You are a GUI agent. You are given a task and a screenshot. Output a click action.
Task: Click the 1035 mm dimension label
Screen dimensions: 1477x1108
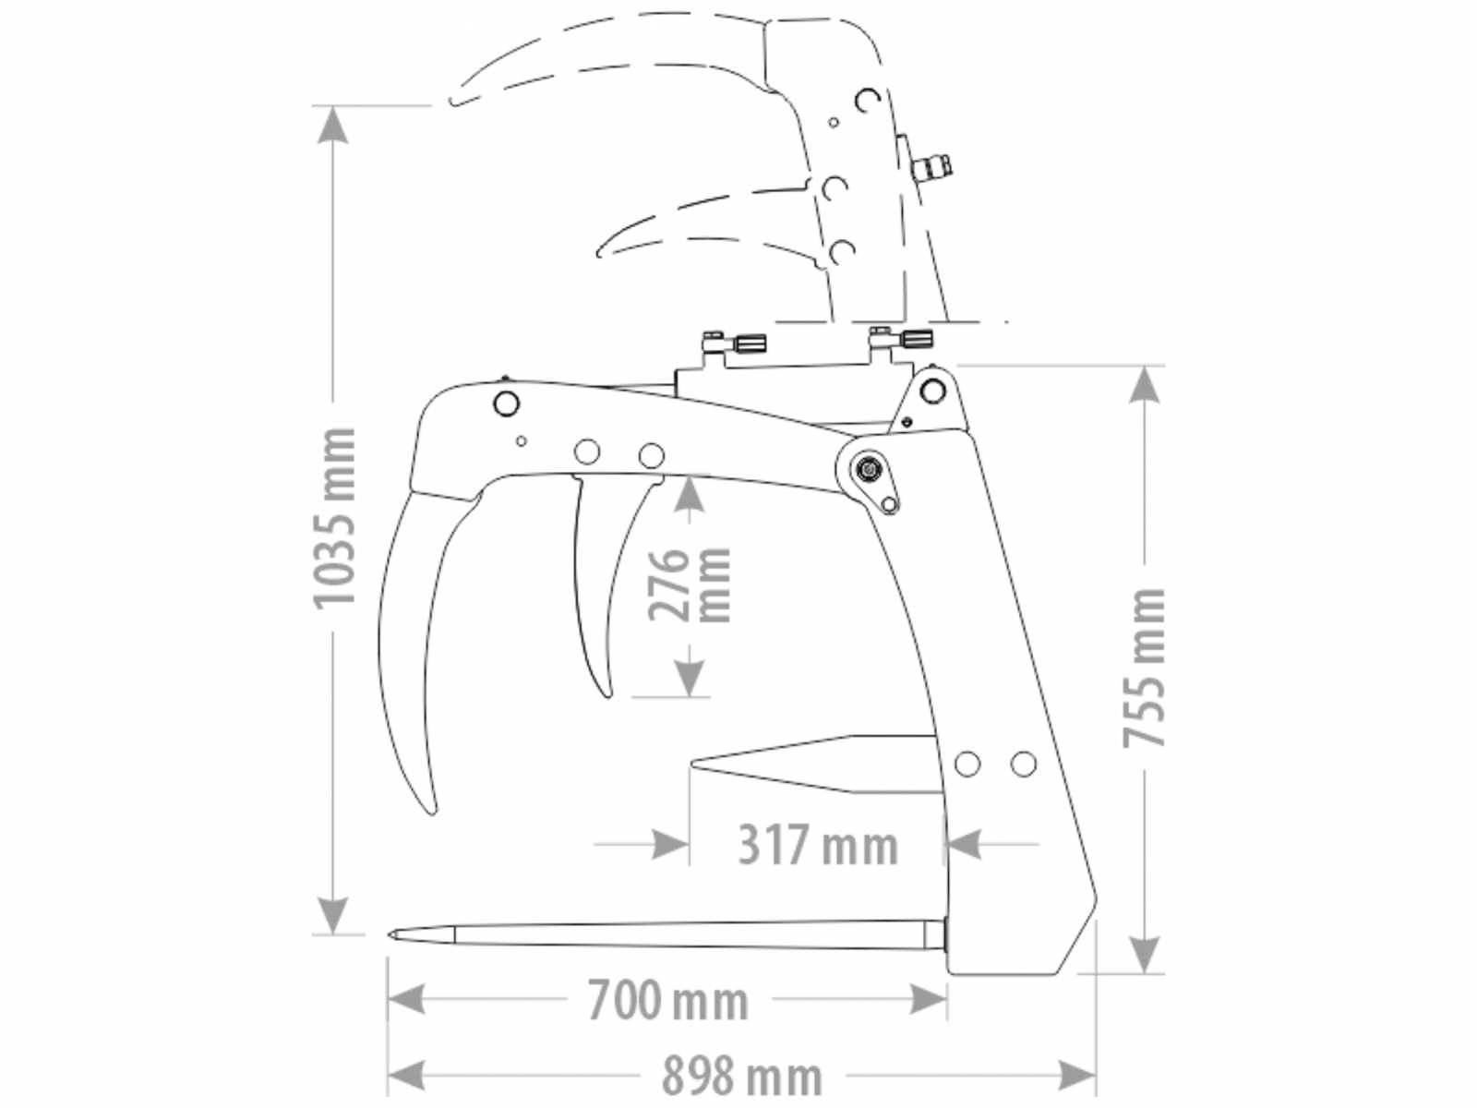[334, 518]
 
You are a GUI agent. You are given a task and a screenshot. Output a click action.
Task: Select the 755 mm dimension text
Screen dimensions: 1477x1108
[1144, 668]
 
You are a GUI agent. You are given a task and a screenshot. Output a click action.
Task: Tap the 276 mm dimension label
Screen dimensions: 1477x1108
[688, 584]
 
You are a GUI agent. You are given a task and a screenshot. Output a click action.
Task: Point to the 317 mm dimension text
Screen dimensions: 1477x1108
[818, 846]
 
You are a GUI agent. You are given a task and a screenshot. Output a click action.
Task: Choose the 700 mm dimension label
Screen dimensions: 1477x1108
[668, 1000]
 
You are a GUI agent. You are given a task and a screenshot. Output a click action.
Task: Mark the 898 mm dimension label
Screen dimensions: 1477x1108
[742, 1077]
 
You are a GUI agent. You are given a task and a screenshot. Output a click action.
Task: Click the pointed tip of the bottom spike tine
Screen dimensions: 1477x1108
[390, 934]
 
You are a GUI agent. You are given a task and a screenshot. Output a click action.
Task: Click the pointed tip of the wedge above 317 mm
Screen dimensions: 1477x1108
[693, 763]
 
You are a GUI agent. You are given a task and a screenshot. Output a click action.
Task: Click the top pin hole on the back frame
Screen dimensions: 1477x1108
[932, 391]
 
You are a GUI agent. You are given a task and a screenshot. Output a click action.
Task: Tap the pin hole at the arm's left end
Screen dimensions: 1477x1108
[506, 404]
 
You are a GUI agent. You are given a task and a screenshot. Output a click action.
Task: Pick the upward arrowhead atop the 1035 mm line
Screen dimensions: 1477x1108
[332, 126]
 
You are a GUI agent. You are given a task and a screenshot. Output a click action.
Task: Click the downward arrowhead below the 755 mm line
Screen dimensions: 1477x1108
[1143, 954]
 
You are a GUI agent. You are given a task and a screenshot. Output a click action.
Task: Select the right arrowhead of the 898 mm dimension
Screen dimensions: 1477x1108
[1076, 1075]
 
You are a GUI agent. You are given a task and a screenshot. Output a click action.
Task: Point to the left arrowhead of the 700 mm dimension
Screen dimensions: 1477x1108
[407, 999]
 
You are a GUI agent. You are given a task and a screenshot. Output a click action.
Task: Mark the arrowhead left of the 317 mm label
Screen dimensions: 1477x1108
[671, 844]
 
